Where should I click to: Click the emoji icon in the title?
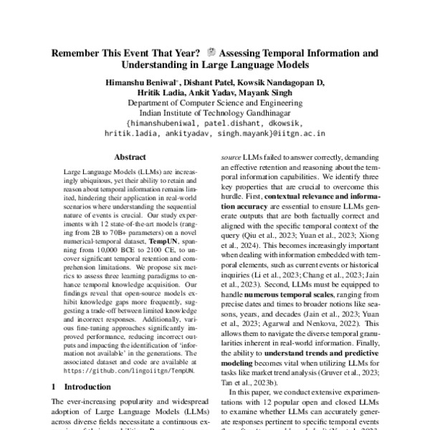(x=211, y=53)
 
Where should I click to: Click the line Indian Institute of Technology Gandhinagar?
(x=215, y=113)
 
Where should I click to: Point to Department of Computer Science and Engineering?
(x=215, y=102)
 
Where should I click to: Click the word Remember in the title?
(x=75, y=53)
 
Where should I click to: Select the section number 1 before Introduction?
(x=54, y=386)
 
